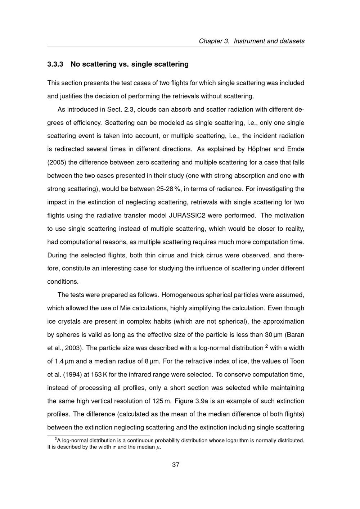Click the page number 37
(x=176, y=465)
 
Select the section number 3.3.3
(x=55, y=64)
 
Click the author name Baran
(x=296, y=335)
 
